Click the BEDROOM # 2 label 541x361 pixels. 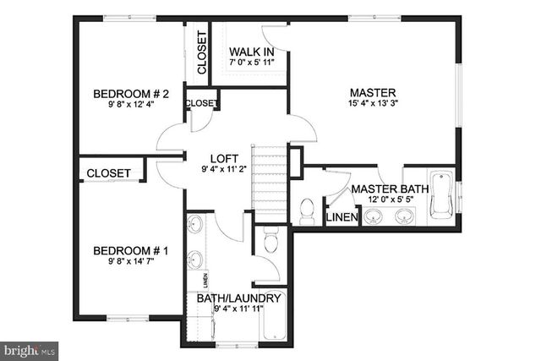pos(131,94)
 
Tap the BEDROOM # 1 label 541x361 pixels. pos(131,250)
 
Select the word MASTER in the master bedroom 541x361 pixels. pos(373,92)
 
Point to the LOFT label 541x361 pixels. pos(224,158)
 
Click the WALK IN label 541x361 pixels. pos(249,51)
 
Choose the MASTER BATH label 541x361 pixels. pos(390,189)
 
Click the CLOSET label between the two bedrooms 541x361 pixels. pos(109,173)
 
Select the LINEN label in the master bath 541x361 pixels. pos(342,218)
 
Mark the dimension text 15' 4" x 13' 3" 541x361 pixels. pos(373,104)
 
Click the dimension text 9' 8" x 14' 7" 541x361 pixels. pos(131,261)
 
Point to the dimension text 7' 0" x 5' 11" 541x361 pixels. pos(249,62)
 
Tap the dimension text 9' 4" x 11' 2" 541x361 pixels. pos(224,169)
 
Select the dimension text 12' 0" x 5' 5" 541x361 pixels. pos(390,200)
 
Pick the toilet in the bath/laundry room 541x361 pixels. pos(270,243)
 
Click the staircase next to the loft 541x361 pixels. pos(271,182)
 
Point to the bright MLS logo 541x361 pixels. pos(30,348)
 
